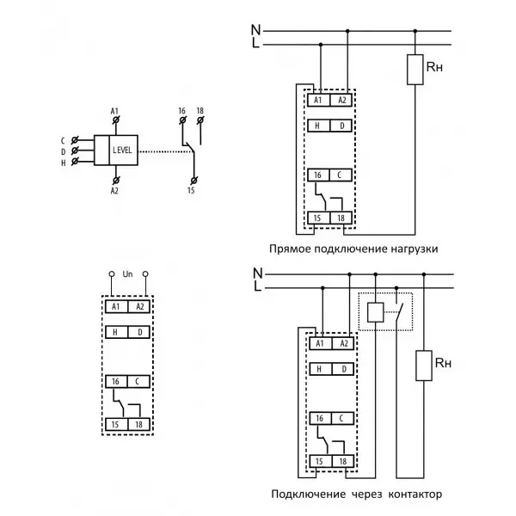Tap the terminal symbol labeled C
[x=75, y=140]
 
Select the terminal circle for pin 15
[x=193, y=181]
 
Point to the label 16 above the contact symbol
[x=182, y=111]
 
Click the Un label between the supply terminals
[x=127, y=273]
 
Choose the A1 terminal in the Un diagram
[x=116, y=307]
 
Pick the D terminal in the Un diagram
[x=138, y=332]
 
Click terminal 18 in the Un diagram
[x=138, y=425]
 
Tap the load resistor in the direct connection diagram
[x=415, y=70]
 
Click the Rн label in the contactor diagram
[x=443, y=363]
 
